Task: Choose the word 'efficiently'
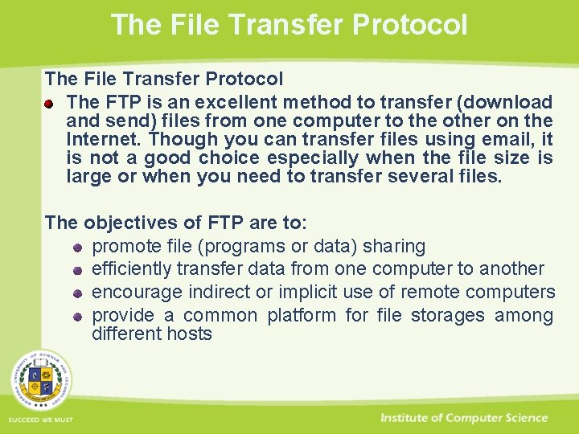(x=132, y=268)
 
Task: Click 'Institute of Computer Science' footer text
(x=464, y=418)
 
